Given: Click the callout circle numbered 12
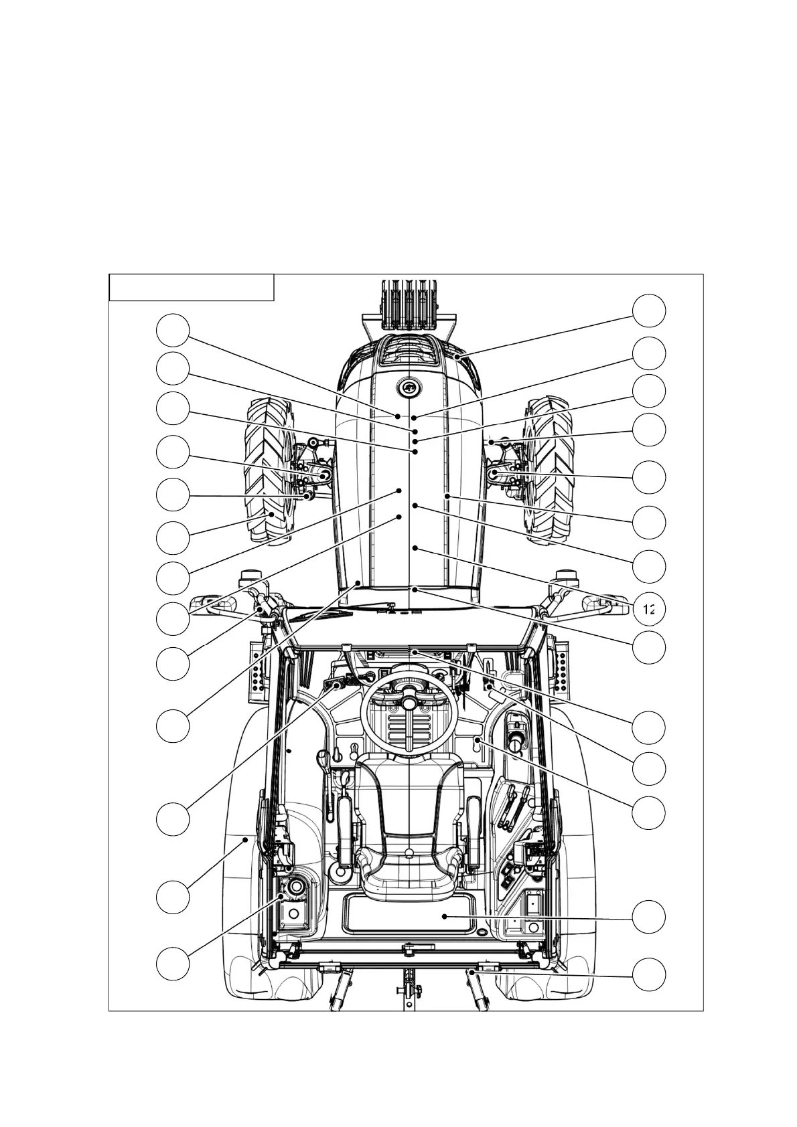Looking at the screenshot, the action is [649, 609].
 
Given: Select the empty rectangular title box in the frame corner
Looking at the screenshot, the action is [192, 287].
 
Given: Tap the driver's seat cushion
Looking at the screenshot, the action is [408, 870].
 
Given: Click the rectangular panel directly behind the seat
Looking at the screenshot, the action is [410, 914].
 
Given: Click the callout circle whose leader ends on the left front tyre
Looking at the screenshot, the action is [173, 537].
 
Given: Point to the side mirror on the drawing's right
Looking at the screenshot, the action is [593, 603].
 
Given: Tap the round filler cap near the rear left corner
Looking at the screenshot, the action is [294, 887].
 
